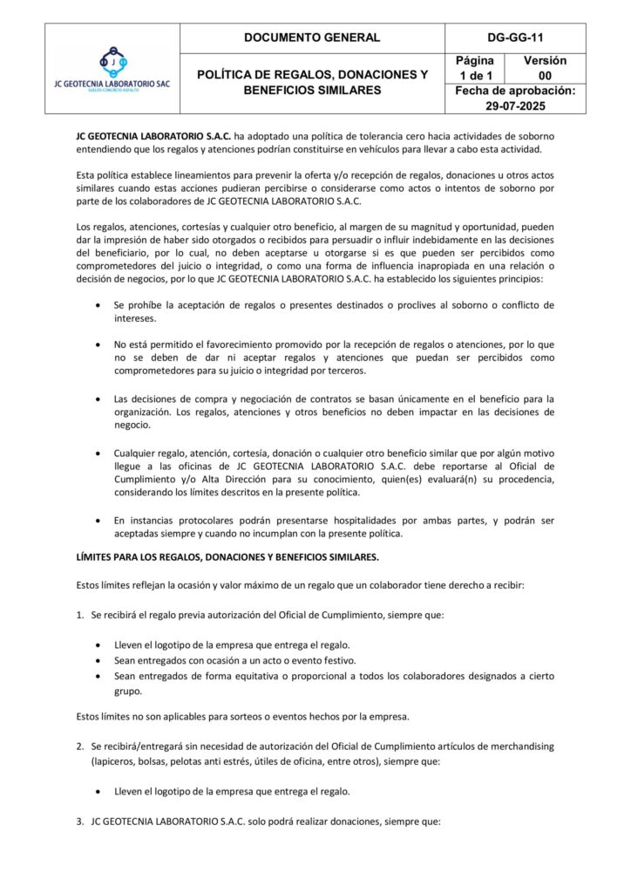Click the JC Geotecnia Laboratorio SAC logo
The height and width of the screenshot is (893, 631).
click(112, 69)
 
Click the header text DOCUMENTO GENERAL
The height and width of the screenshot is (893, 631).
click(312, 37)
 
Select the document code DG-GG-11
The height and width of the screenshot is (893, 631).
click(515, 37)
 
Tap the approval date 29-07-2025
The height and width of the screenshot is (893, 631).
click(515, 106)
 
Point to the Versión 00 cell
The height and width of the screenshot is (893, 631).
click(546, 68)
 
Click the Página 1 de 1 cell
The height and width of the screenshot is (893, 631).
click(475, 68)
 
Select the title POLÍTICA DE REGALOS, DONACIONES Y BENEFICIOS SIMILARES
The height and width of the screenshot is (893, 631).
click(312, 83)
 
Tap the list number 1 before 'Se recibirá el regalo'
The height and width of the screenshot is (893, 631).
click(80, 615)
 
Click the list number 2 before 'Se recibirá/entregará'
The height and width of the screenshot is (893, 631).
click(80, 746)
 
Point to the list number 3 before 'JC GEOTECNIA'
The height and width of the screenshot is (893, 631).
click(80, 821)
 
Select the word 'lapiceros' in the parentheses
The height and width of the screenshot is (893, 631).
click(119, 761)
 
